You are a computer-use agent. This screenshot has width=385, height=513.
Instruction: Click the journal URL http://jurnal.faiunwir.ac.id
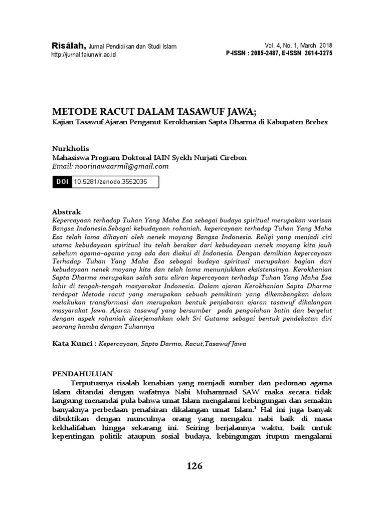point(84,55)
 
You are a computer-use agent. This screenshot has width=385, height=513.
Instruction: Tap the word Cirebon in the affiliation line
point(230,157)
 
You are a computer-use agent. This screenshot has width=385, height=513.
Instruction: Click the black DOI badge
point(62,182)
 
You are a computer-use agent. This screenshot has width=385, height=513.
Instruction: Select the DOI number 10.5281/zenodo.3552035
point(110,182)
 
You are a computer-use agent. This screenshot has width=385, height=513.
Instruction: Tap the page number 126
point(194,466)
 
